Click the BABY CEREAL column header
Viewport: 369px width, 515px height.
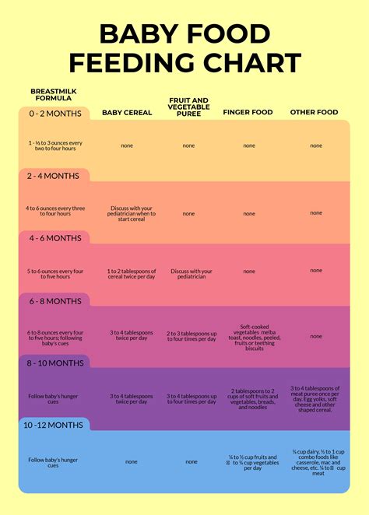(x=127, y=112)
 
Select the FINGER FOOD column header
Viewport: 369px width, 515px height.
(x=248, y=112)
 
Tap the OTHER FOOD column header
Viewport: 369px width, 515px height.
(x=314, y=112)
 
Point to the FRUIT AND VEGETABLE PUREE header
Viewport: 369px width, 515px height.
(x=188, y=107)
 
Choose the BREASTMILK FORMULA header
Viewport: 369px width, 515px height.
(x=53, y=95)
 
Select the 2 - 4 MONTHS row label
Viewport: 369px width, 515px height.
(x=54, y=176)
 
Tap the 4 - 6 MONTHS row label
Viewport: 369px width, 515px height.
(x=54, y=238)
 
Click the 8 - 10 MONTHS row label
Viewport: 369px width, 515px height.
(x=55, y=363)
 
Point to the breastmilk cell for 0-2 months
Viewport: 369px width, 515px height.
(x=54, y=145)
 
